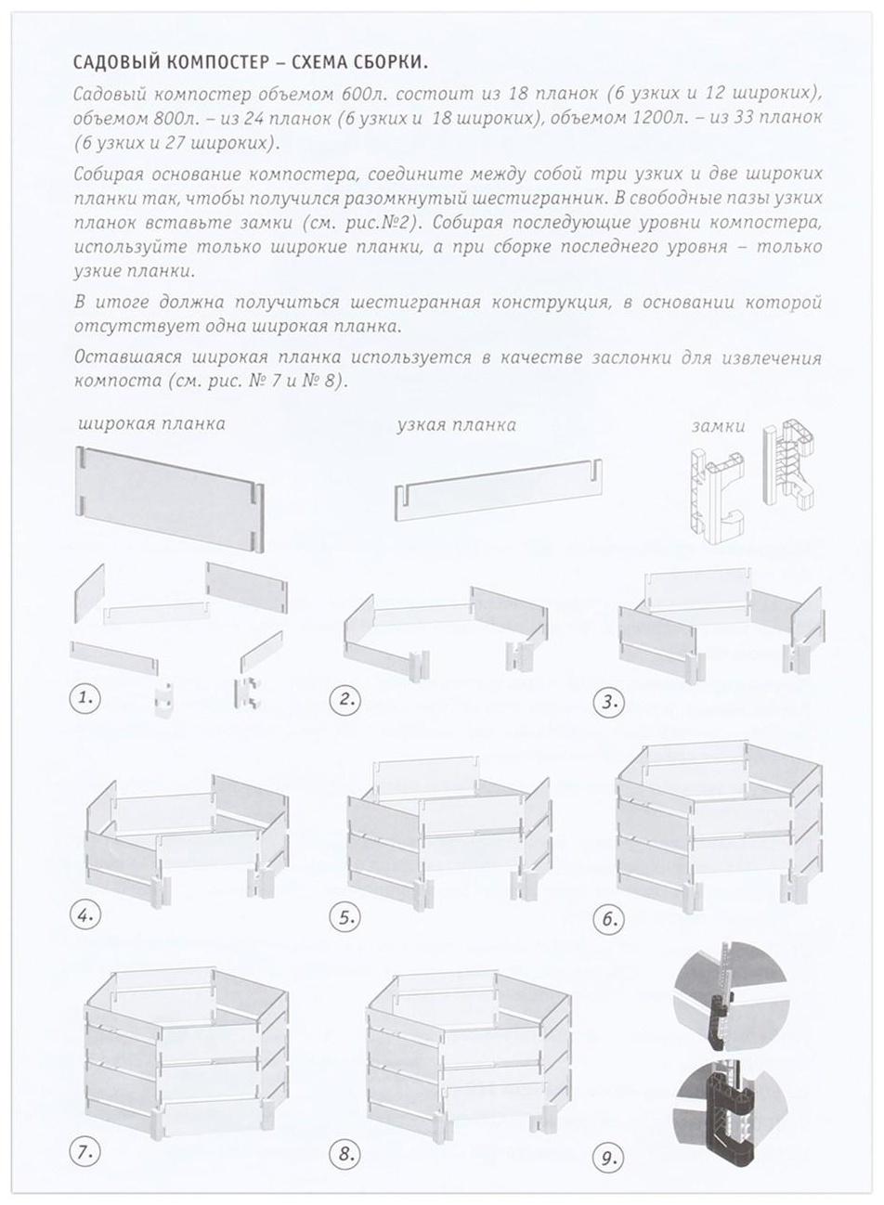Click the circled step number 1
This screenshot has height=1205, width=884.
click(x=84, y=698)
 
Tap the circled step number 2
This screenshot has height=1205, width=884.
click(x=346, y=699)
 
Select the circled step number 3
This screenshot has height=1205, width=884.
click(x=609, y=701)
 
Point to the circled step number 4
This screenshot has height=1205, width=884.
click(x=84, y=915)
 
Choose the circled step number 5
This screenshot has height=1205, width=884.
click(x=346, y=918)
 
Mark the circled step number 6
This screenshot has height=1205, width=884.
click(x=609, y=919)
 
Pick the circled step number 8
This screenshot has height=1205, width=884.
click(x=346, y=1155)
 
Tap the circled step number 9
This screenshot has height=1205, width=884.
click(x=609, y=1157)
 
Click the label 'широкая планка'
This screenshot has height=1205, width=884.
click(x=151, y=424)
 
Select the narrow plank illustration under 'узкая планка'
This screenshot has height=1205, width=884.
click(x=498, y=489)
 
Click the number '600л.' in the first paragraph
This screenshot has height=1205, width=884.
click(x=368, y=96)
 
